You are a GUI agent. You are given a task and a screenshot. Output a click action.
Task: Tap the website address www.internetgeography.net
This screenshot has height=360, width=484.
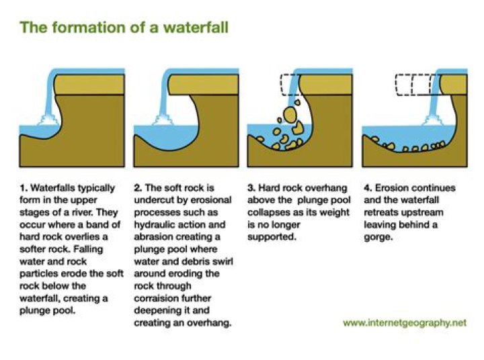point(405,323)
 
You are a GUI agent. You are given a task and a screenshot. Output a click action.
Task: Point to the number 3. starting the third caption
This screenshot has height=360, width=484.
point(251,188)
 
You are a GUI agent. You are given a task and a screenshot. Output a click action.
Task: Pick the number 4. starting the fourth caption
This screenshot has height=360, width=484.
point(368,188)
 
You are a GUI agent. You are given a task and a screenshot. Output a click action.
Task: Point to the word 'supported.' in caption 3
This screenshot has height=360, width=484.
point(272,237)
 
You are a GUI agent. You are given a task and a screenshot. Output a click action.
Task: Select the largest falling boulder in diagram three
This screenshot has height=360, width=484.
point(290,115)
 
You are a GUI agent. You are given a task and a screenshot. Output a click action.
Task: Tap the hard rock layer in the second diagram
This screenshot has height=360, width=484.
point(204,84)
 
